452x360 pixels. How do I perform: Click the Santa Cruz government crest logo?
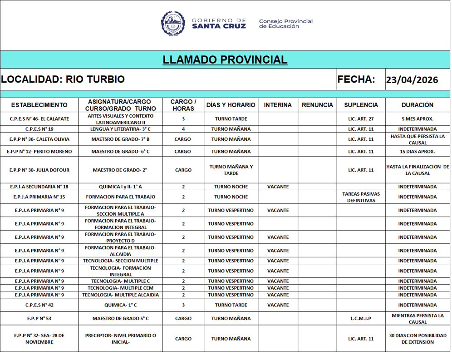[x=173, y=24]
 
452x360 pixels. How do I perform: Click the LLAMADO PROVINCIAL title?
[x=225, y=59]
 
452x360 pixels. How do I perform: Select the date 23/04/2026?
[x=412, y=80]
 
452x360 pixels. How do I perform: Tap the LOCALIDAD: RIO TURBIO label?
[x=63, y=79]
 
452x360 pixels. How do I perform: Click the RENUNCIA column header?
[x=317, y=105]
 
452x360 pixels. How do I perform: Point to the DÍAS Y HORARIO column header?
[x=231, y=105]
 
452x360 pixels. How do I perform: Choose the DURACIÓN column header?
[x=417, y=105]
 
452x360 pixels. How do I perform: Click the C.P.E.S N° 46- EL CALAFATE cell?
[x=39, y=119]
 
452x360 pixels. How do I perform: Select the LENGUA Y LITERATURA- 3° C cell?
[x=120, y=129]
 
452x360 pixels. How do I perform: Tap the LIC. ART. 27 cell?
[x=361, y=119]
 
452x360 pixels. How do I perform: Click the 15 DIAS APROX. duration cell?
[x=417, y=152]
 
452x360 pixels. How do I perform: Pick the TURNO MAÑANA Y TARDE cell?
[x=231, y=170]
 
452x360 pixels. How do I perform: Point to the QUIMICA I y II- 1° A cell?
[x=120, y=187]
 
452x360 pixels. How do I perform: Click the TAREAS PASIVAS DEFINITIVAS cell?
[x=361, y=197]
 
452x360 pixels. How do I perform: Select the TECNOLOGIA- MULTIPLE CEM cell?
[x=120, y=288]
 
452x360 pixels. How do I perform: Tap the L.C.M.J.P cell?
[x=361, y=319]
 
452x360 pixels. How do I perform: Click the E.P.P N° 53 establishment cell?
[x=39, y=319]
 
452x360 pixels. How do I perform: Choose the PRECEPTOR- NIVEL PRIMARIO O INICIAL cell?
[x=120, y=339]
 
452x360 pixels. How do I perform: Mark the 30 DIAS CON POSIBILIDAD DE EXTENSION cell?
[x=417, y=339]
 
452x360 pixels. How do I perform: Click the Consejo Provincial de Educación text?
[x=285, y=24]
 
